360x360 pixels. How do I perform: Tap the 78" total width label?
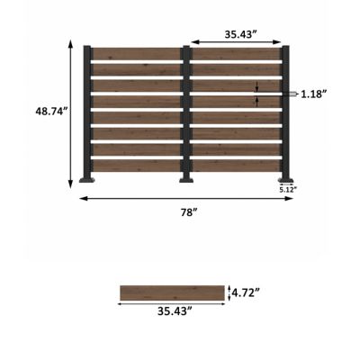[186, 212]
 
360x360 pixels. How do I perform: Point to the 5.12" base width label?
[287, 189]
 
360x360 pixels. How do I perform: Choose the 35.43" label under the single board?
[172, 311]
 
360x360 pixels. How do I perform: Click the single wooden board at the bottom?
[172, 292]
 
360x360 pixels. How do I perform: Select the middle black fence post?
[186, 112]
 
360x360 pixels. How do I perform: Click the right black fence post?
[285, 112]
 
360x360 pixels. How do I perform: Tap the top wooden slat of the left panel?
[137, 54]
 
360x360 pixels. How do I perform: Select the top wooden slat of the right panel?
[236, 54]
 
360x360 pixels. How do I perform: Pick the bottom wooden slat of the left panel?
[137, 166]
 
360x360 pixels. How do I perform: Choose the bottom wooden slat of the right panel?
[236, 166]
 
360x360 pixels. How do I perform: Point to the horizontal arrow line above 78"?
[186, 198]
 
